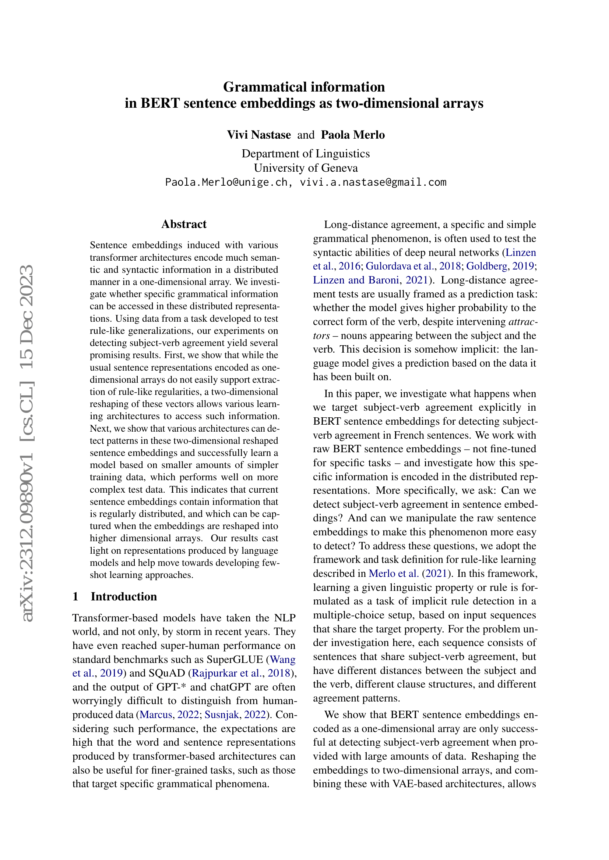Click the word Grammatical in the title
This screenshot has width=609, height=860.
click(x=265, y=87)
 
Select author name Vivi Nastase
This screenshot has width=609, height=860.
click(x=259, y=135)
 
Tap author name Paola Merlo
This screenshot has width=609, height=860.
click(x=352, y=135)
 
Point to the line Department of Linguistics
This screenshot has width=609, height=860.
click(x=306, y=154)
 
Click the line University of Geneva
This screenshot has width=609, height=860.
click(x=306, y=168)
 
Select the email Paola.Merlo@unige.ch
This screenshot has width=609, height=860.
click(x=226, y=182)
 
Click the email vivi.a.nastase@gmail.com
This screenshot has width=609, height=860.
click(x=373, y=182)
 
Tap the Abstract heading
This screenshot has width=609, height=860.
click(x=184, y=224)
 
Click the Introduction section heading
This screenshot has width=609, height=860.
click(x=124, y=597)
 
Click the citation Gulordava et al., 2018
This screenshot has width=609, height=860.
click(x=413, y=266)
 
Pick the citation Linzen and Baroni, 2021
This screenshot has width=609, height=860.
click(x=370, y=280)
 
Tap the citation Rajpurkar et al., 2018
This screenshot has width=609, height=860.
click(x=241, y=673)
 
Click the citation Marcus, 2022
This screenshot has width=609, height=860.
click(x=169, y=715)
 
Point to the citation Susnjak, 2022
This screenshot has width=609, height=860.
click(x=235, y=715)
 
